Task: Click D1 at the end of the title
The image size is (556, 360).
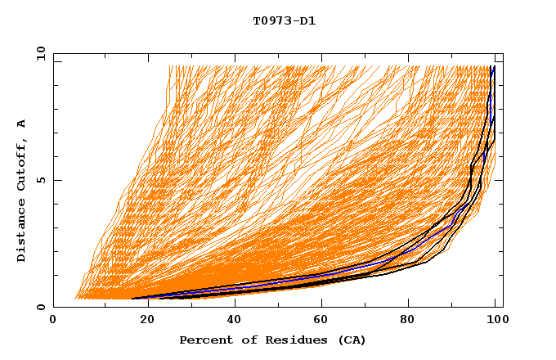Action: coord(307,20)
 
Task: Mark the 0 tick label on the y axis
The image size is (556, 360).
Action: coord(41,307)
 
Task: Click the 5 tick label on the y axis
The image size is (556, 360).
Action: coord(41,180)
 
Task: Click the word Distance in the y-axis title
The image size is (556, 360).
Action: coord(21,232)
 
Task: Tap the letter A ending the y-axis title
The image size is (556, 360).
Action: coord(21,123)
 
